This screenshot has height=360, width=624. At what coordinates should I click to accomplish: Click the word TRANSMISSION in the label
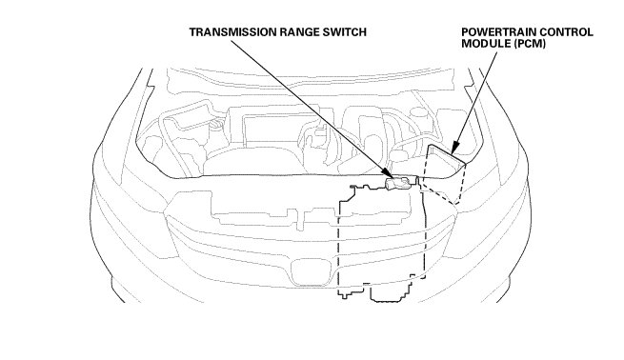click(232, 32)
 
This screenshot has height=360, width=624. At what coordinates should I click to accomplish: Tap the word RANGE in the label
click(300, 32)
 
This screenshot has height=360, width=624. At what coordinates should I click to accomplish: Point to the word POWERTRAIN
click(500, 32)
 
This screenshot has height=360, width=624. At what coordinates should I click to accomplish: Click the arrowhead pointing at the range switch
click(387, 173)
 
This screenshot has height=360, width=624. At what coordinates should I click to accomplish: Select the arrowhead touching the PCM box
click(455, 148)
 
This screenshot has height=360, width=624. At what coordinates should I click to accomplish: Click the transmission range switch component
click(398, 184)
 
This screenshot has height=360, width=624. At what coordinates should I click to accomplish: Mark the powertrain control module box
click(444, 174)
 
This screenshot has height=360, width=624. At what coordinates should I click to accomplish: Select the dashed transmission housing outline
click(382, 243)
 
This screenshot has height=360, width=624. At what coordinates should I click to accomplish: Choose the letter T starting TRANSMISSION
click(192, 32)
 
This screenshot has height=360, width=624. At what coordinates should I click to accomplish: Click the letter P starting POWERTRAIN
click(465, 32)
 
